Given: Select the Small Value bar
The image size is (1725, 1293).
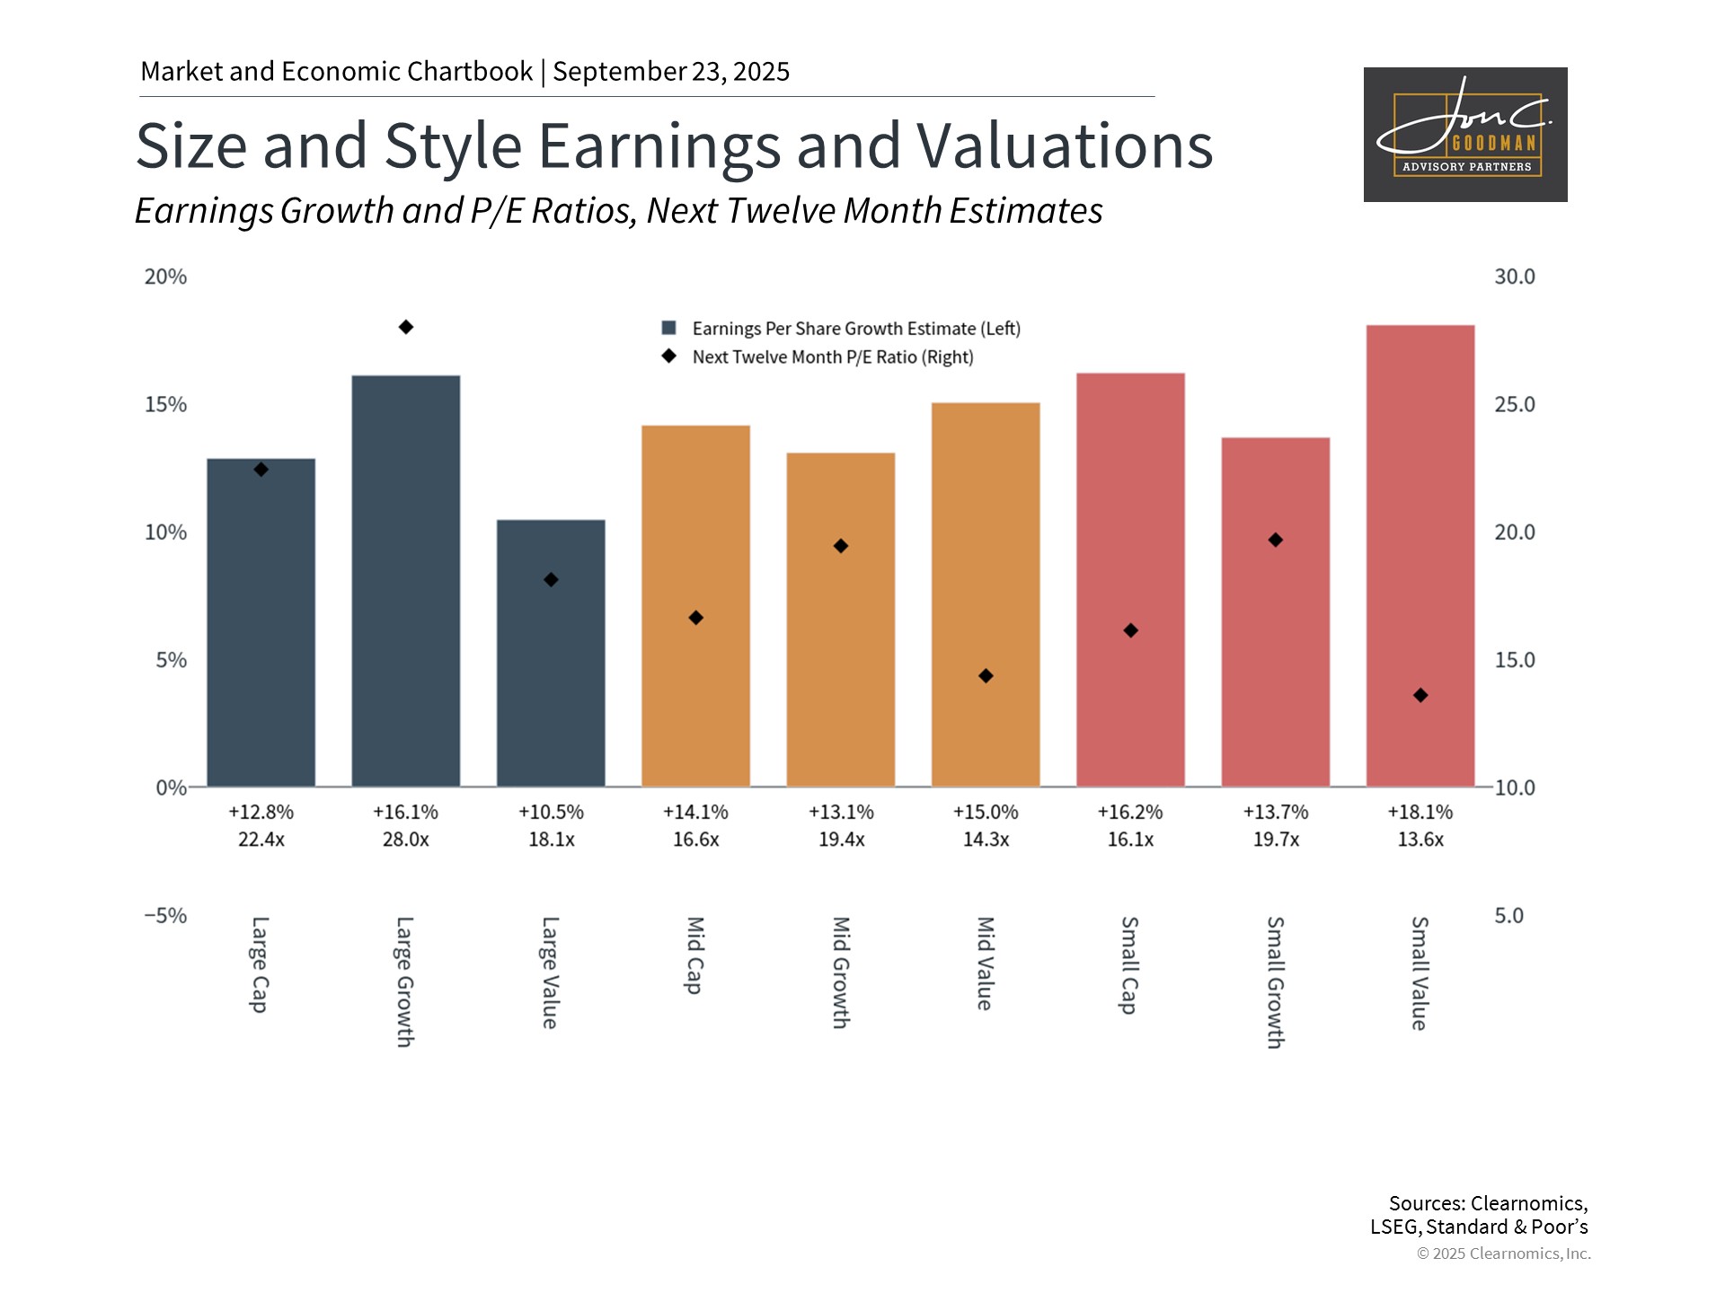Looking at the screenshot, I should tap(1420, 556).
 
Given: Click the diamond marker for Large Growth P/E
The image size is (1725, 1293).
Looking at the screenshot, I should tap(406, 327).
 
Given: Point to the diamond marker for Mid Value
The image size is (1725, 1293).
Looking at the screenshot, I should tap(986, 676).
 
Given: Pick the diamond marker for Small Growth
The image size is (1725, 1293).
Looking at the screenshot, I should tap(1276, 540).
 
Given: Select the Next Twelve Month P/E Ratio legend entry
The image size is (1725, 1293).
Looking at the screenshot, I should tap(832, 357).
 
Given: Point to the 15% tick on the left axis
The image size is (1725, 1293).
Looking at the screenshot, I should tap(166, 405).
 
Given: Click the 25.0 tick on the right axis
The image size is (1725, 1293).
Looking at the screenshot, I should tap(1515, 405).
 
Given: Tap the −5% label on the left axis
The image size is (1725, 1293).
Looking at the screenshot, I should tap(166, 916).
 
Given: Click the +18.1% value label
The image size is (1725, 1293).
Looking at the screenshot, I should tap(1420, 812).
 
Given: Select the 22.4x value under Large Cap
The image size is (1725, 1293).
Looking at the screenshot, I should tap(261, 840).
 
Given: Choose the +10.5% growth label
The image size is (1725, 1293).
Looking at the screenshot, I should tap(551, 812).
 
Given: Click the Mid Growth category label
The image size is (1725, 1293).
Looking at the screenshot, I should tap(841, 972).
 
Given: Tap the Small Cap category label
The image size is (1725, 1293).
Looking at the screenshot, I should tap(1130, 965).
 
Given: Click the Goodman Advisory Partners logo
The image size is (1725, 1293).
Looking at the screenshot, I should tap(1465, 135).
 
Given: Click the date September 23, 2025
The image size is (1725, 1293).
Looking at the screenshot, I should tap(671, 72).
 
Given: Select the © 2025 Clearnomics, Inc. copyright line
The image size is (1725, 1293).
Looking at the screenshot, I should tap(1503, 1253).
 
